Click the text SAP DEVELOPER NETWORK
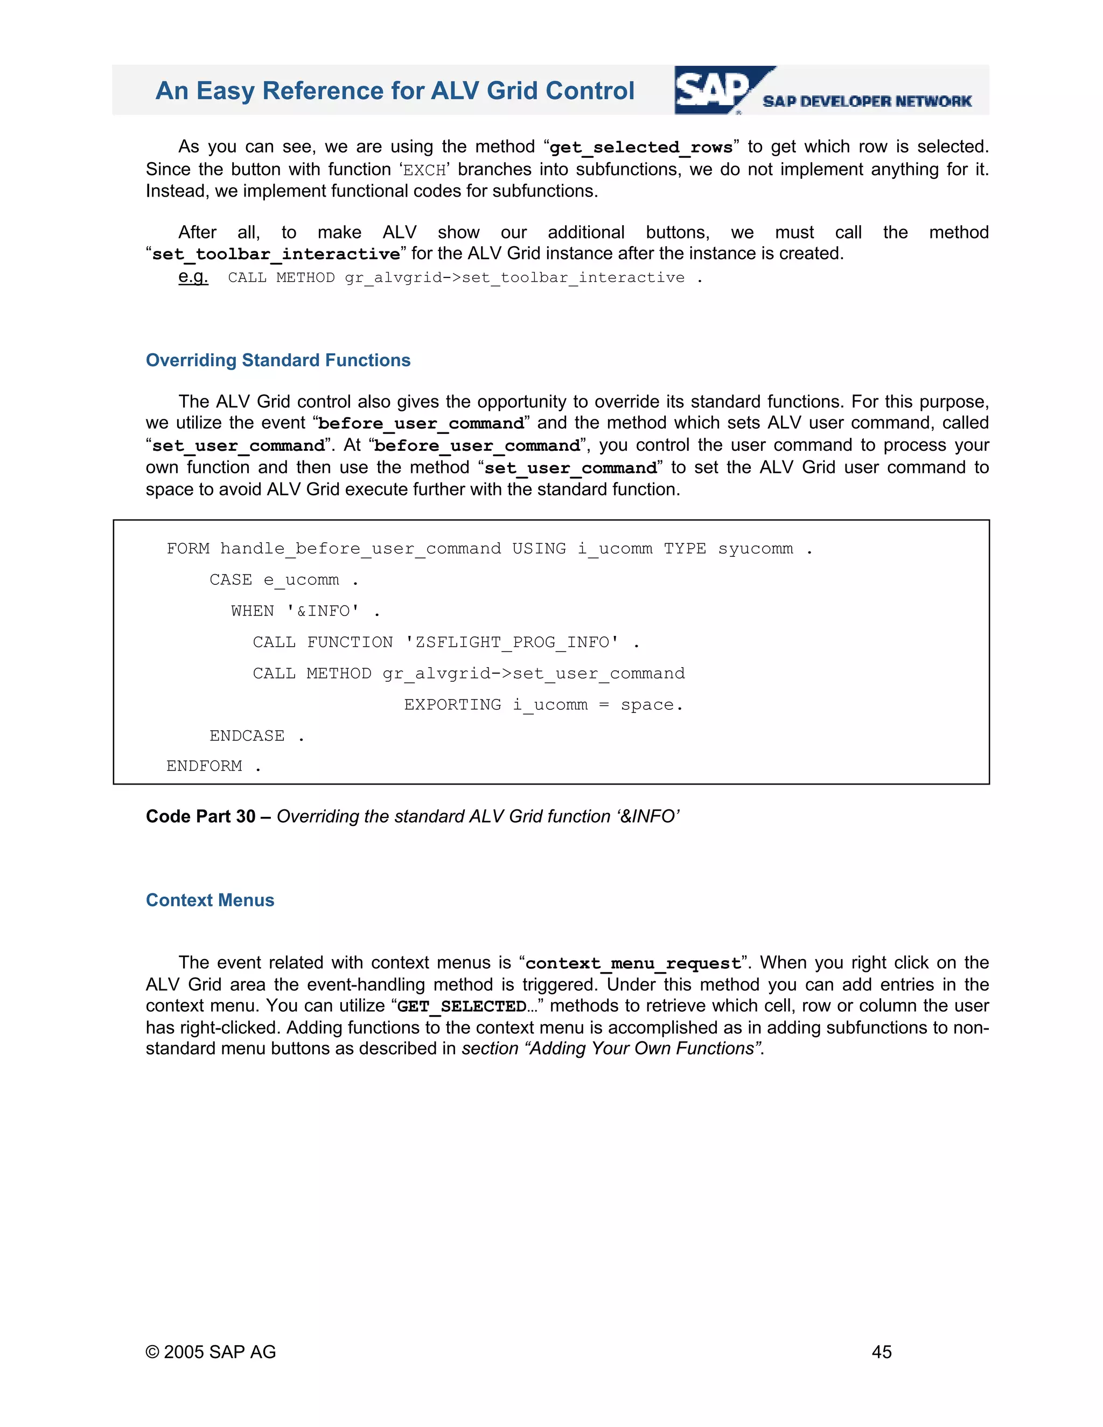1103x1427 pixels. coord(867,101)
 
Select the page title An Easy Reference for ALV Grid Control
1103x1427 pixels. coord(395,91)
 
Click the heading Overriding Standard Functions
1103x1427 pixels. coord(278,360)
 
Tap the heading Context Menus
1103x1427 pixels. coord(210,900)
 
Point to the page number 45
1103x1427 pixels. coord(882,1352)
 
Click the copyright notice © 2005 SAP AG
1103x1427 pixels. coord(211,1352)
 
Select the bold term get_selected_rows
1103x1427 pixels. coord(641,148)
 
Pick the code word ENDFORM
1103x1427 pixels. coord(204,766)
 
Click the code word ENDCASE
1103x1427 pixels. coord(247,736)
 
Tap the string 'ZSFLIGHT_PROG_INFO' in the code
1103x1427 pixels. coord(512,642)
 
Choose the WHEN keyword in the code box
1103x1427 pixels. coord(252,611)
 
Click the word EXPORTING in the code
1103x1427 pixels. coord(452,704)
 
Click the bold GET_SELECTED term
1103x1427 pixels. coord(462,1006)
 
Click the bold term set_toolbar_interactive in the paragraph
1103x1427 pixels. coord(276,254)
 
